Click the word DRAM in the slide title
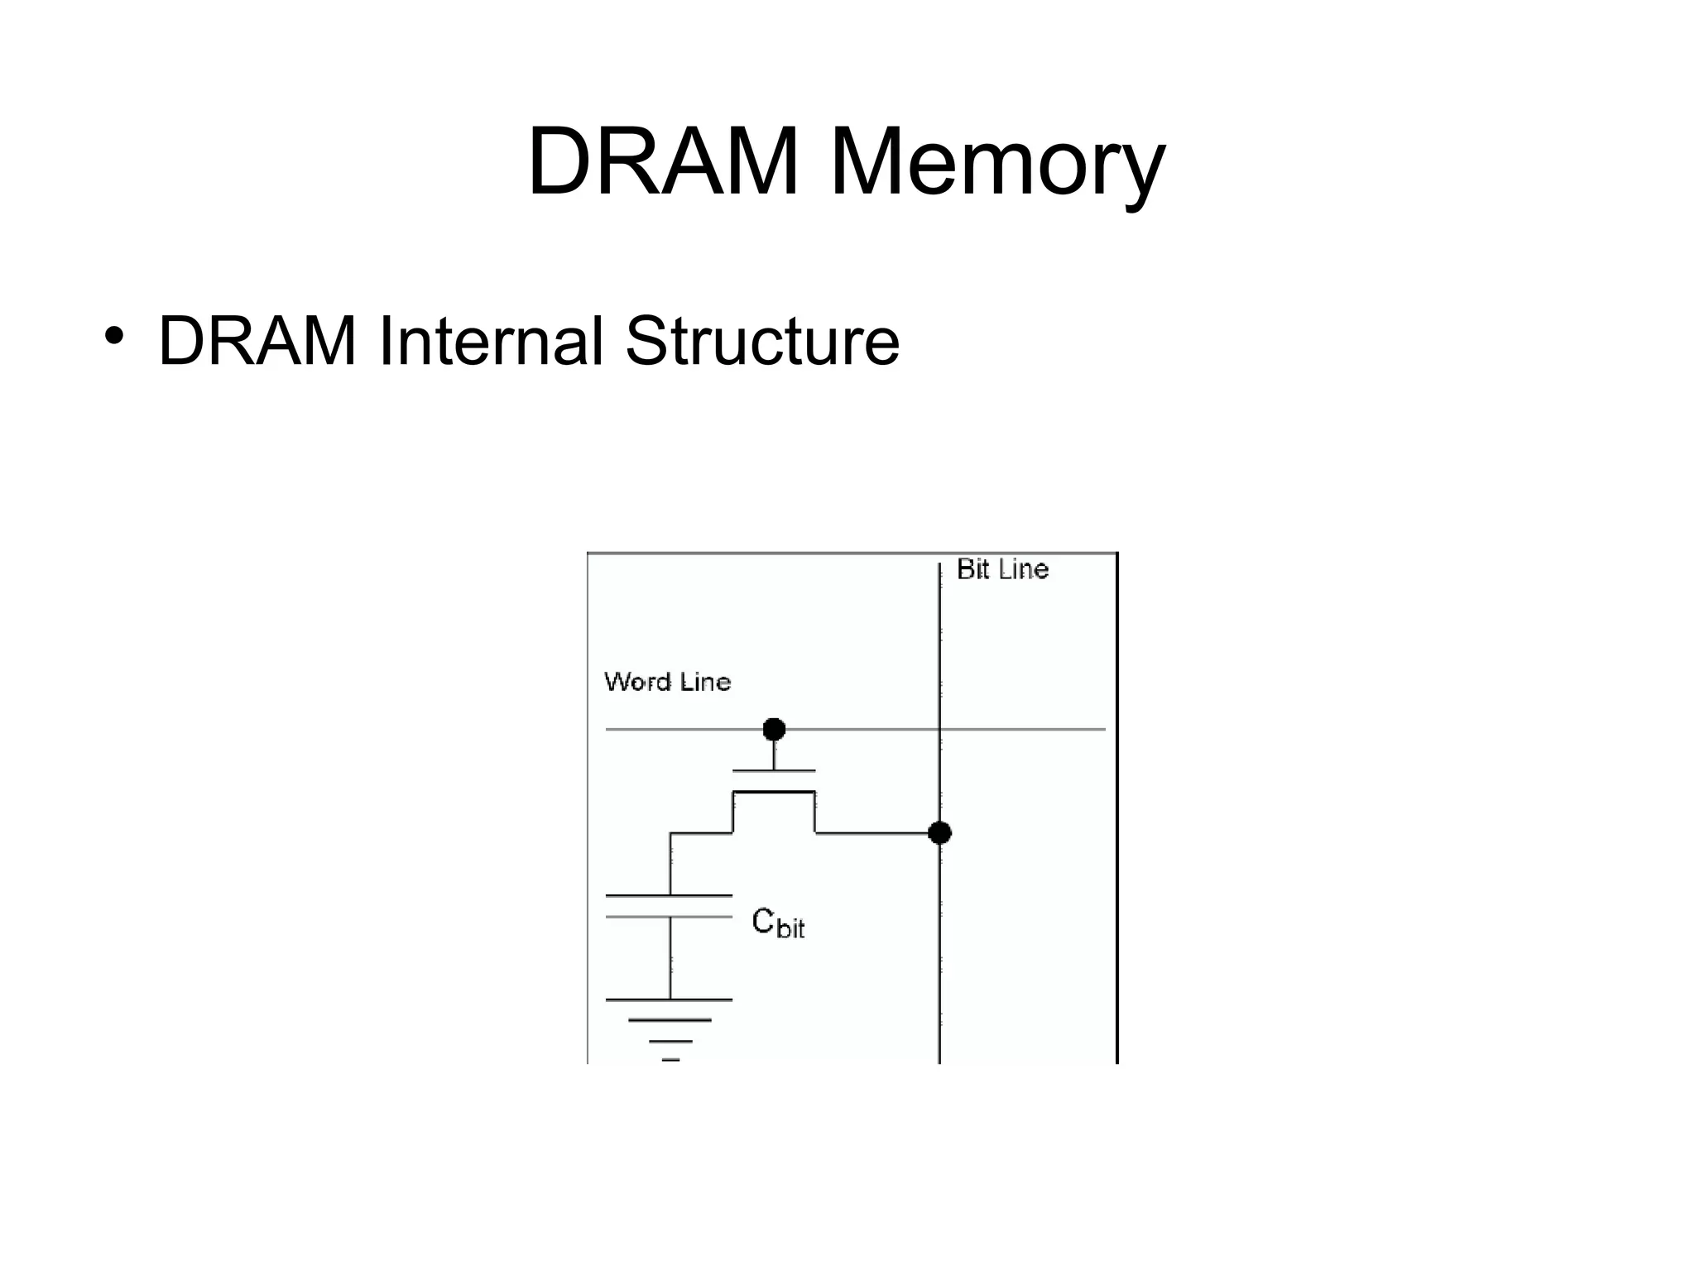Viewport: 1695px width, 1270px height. [x=662, y=161]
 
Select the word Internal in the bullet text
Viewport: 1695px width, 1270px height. [x=490, y=340]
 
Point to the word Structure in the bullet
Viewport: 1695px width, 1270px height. [x=761, y=340]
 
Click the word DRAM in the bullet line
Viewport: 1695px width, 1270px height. [x=257, y=340]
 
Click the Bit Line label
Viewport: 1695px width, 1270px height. [x=1002, y=569]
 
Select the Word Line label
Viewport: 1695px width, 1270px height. [x=668, y=682]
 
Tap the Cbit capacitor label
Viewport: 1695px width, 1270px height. [x=777, y=922]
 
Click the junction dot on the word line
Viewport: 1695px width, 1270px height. [x=774, y=729]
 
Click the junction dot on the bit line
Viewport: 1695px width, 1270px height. [x=939, y=832]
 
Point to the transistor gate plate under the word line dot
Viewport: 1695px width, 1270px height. [x=774, y=771]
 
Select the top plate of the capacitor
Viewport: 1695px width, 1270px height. [x=669, y=895]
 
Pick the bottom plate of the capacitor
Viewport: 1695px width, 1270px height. [x=669, y=917]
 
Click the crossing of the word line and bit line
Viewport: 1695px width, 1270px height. [x=940, y=729]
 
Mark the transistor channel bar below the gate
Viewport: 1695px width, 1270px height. [x=774, y=792]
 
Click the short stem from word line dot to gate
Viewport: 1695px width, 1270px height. [x=774, y=755]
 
